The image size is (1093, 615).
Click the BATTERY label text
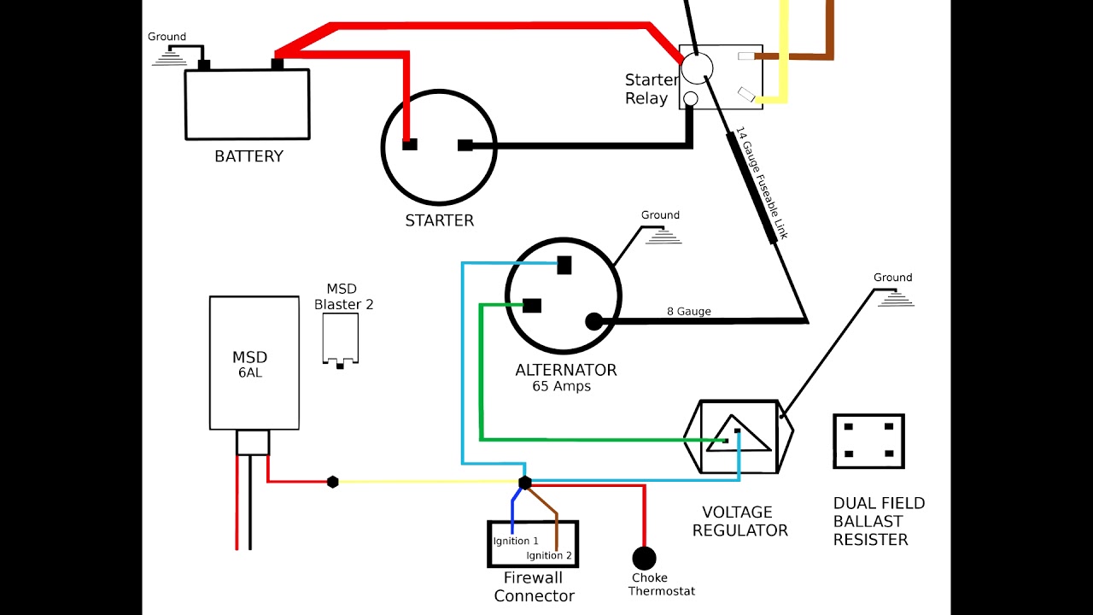tap(248, 156)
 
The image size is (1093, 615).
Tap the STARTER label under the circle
tap(439, 220)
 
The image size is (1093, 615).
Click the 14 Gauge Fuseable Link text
tap(762, 184)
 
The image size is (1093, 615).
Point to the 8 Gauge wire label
tap(688, 312)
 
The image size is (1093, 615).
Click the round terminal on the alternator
tap(593, 321)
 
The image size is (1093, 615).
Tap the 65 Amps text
tap(561, 386)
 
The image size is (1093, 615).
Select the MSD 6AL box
tap(254, 363)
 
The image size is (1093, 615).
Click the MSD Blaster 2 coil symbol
tap(340, 338)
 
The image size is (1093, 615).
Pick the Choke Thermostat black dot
tap(644, 558)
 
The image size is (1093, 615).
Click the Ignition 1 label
tap(516, 541)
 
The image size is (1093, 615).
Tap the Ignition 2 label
tap(549, 555)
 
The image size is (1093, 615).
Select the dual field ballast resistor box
tap(868, 441)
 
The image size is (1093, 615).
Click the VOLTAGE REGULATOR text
tap(739, 521)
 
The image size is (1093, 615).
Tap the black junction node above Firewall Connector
tap(525, 483)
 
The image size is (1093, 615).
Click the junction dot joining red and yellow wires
tap(333, 482)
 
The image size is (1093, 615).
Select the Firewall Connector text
tap(534, 587)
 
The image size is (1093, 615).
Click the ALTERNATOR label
tap(565, 370)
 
